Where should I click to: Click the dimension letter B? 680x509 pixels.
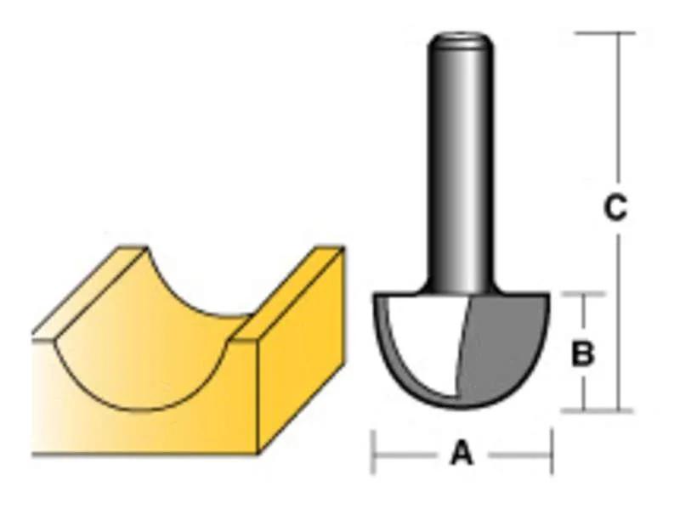coord(582,353)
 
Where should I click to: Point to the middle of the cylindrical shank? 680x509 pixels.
coord(461,161)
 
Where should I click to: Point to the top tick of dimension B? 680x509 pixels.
coord(583,295)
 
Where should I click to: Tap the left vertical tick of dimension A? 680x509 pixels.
coord(372,452)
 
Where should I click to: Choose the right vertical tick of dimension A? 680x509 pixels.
coord(551,452)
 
